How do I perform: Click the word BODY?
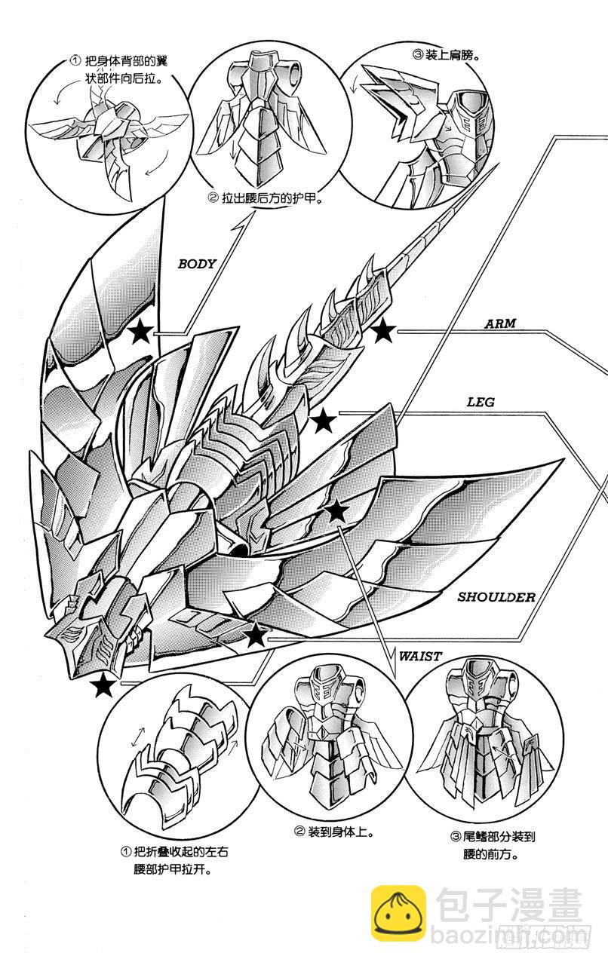(x=196, y=264)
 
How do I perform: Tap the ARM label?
(x=499, y=323)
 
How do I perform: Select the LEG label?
(x=480, y=402)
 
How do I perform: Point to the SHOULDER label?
(x=496, y=597)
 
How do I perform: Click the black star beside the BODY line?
(x=140, y=332)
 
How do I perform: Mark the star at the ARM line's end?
(x=383, y=329)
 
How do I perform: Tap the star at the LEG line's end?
(x=324, y=422)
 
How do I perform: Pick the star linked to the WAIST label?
(x=336, y=512)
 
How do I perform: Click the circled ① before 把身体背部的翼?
(x=74, y=60)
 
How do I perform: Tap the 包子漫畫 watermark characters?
(x=508, y=908)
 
